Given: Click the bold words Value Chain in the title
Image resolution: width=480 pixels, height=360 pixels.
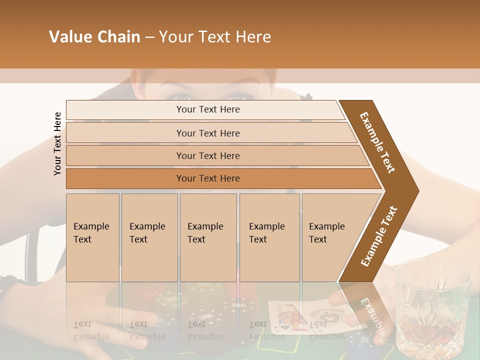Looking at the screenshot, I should (x=94, y=37).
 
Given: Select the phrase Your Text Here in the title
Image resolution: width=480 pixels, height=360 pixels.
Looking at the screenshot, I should (x=215, y=37).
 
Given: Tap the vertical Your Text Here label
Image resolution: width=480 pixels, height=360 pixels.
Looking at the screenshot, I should (x=57, y=143).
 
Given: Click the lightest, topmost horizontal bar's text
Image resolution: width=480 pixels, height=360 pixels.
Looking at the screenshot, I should (x=208, y=109).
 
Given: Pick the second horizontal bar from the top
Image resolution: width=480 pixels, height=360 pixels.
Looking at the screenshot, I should (x=208, y=133).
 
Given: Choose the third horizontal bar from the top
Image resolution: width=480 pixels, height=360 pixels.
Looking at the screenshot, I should (x=208, y=155).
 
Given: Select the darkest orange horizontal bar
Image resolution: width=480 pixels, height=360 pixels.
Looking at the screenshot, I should (x=208, y=178).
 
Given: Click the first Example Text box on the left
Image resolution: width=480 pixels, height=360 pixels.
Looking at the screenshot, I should (x=92, y=237).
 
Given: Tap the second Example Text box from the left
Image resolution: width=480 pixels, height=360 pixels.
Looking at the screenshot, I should (x=149, y=237).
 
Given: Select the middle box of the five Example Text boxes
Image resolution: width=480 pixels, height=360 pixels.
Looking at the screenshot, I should (x=208, y=237).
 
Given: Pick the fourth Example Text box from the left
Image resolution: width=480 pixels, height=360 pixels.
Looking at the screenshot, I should (x=269, y=237).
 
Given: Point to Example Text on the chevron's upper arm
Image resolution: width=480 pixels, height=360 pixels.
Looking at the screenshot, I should (x=377, y=142).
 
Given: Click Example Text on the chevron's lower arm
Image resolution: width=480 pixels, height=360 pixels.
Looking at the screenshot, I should (x=378, y=236).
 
